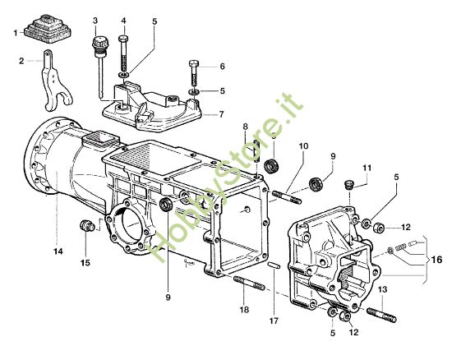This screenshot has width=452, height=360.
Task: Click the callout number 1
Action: click(15, 32)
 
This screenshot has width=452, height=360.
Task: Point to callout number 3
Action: click(95, 20)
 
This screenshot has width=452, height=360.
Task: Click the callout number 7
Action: click(221, 114)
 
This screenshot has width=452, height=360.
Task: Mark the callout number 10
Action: click(303, 146)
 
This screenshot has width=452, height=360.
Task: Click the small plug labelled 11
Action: click(348, 184)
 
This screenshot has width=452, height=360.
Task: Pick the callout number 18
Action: click(243, 311)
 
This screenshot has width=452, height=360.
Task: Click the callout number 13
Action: click(384, 289)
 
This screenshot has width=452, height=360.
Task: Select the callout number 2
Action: click(23, 60)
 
